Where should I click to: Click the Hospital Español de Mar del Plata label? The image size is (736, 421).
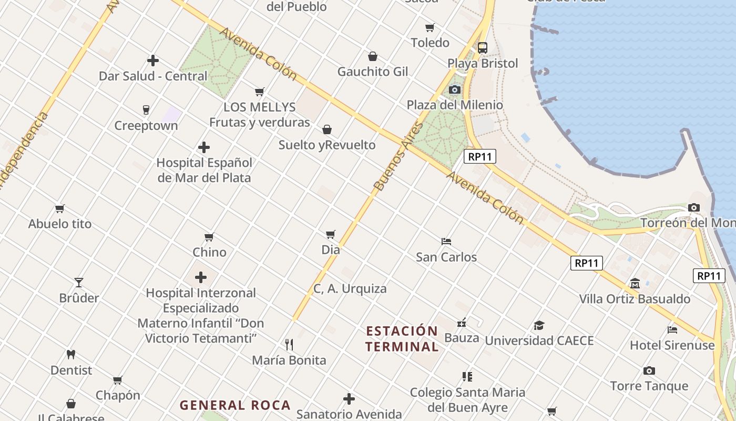pyautogui.click(x=204, y=170)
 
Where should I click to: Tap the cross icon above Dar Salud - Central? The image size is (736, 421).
pyautogui.click(x=153, y=61)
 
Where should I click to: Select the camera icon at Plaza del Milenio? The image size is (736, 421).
pyautogui.click(x=455, y=90)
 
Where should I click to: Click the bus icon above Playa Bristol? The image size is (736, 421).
pyautogui.click(x=483, y=48)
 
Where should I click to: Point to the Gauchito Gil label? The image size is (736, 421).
pyautogui.click(x=372, y=72)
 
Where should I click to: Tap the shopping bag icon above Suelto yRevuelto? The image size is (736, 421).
pyautogui.click(x=327, y=129)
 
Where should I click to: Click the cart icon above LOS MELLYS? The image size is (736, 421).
pyautogui.click(x=259, y=92)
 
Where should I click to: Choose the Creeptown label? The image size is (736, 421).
pyautogui.click(x=146, y=126)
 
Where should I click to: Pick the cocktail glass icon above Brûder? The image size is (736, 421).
pyautogui.click(x=79, y=283)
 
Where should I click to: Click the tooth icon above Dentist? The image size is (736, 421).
pyautogui.click(x=71, y=355)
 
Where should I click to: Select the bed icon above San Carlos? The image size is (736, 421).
pyautogui.click(x=446, y=242)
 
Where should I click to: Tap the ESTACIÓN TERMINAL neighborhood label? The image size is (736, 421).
pyautogui.click(x=402, y=339)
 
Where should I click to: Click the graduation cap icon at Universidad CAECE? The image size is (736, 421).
pyautogui.click(x=539, y=325)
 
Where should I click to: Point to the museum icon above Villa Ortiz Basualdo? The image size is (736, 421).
pyautogui.click(x=635, y=283)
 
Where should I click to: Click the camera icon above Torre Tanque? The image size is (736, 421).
pyautogui.click(x=649, y=370)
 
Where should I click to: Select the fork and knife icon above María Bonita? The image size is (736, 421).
pyautogui.click(x=289, y=345)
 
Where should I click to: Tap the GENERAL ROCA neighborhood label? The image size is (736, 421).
pyautogui.click(x=235, y=405)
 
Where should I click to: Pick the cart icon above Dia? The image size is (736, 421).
pyautogui.click(x=331, y=234)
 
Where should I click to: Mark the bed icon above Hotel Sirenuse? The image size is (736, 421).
pyautogui.click(x=672, y=330)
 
